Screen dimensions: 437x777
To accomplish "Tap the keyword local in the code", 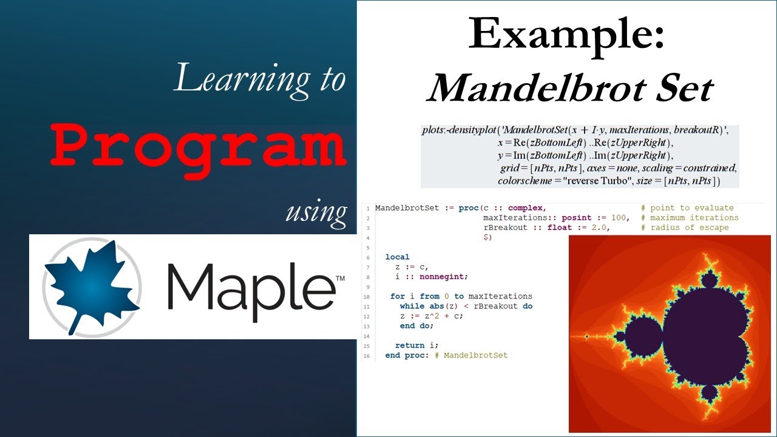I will point(398,257).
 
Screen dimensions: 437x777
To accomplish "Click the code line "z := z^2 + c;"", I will point(432,316).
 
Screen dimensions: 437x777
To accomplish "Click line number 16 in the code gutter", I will point(367,356).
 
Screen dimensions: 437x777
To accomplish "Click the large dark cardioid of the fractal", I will point(704,328).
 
